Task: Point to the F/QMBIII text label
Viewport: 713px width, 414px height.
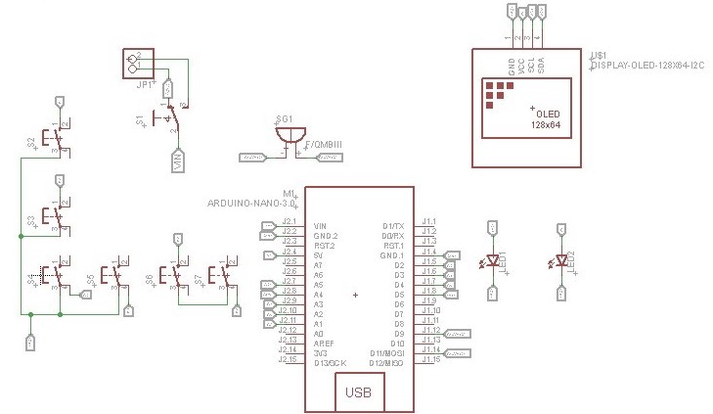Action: click(324, 145)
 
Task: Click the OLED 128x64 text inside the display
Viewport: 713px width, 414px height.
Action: click(546, 119)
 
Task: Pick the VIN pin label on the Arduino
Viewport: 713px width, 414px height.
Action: click(320, 226)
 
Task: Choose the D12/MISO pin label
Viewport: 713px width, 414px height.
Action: click(387, 363)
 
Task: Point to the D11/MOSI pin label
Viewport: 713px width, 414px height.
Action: click(387, 353)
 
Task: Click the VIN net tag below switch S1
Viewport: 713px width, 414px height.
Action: click(177, 160)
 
